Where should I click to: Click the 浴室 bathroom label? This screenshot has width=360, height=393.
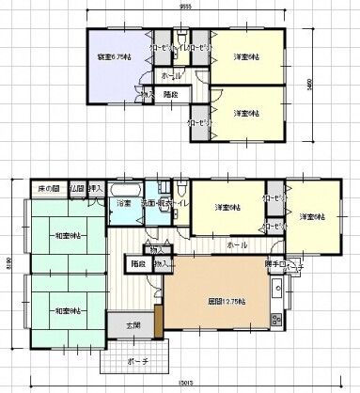point(123,203)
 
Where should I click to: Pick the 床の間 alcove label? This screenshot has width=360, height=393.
point(49,189)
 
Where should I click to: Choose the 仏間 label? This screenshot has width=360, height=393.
point(77,189)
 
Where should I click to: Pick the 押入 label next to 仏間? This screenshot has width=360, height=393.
point(96,189)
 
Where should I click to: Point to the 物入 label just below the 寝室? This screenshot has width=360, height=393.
point(146,95)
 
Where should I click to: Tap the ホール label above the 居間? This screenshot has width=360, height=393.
point(233,244)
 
